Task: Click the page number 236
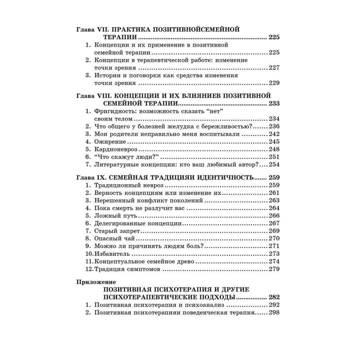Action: pyautogui.click(x=274, y=126)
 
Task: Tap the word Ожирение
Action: pyautogui.click(x=107, y=141)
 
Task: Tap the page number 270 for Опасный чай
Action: pyautogui.click(x=274, y=238)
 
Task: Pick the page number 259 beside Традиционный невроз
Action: pyautogui.click(x=274, y=185)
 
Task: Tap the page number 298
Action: pyautogui.click(x=274, y=313)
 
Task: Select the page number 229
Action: pyautogui.click(x=274, y=83)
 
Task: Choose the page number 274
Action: pyautogui.click(x=274, y=261)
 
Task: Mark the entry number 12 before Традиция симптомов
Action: pyautogui.click(x=88, y=269)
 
